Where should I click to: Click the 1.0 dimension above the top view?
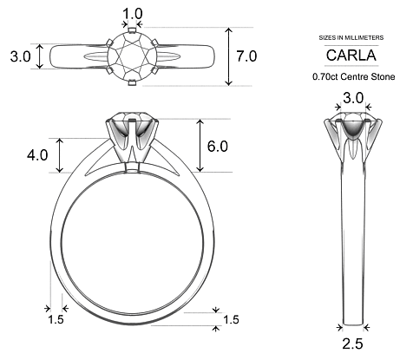point(133,13)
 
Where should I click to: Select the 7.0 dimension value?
point(247,56)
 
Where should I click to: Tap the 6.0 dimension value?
point(217,146)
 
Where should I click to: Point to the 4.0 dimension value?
point(37,155)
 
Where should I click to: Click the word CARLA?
point(352,55)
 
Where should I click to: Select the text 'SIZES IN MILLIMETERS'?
point(352,36)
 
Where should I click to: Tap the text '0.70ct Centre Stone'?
point(353,76)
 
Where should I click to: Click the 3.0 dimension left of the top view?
point(20,56)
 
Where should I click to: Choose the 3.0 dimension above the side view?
point(352,99)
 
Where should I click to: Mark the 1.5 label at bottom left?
point(56,320)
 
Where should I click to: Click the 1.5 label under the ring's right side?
point(231,320)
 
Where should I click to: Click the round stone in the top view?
point(133,57)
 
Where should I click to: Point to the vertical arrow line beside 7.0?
point(228,56)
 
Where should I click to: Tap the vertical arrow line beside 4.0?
point(59,154)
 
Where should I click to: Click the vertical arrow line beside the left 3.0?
point(39,56)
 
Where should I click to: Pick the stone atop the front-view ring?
point(130,120)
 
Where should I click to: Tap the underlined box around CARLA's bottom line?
point(352,67)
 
